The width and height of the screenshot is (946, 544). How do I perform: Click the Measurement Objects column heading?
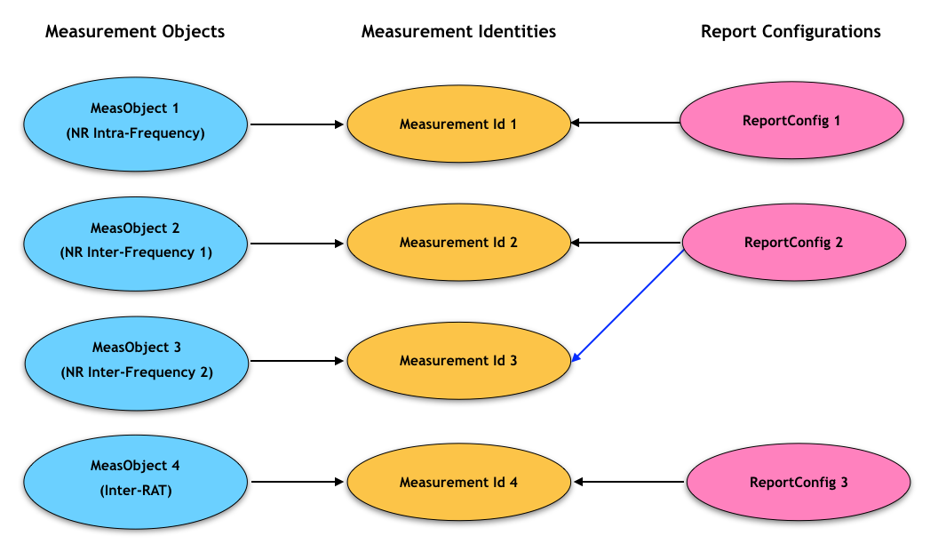click(135, 32)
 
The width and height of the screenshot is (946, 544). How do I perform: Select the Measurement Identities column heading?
click(458, 32)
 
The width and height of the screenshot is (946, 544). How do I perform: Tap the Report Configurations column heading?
click(791, 32)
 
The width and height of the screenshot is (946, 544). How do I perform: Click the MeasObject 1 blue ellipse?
click(135, 122)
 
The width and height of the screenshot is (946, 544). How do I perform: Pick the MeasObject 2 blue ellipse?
click(135, 240)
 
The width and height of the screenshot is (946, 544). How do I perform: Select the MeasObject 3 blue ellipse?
click(135, 359)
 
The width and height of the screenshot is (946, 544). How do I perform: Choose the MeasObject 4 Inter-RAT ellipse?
click(135, 477)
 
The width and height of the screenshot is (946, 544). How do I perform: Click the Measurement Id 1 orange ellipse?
click(458, 124)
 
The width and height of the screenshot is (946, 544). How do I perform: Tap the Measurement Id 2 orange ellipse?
click(458, 242)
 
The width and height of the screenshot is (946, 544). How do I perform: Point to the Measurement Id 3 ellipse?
click(458, 361)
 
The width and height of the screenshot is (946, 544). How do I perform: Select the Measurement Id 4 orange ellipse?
click(458, 483)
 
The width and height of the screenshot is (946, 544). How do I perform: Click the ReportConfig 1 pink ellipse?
click(791, 121)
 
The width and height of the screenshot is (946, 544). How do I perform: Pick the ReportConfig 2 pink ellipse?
click(793, 242)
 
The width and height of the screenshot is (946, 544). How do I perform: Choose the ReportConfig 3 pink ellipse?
click(799, 483)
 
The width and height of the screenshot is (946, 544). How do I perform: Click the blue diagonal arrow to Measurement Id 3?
click(629, 304)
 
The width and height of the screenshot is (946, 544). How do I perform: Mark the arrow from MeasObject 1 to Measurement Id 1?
click(298, 124)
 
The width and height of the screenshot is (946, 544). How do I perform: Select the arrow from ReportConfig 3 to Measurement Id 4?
click(630, 483)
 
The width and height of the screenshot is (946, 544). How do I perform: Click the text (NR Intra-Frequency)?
click(135, 133)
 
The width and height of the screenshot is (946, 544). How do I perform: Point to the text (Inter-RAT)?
click(135, 489)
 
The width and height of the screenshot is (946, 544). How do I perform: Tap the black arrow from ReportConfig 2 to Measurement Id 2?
click(626, 242)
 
